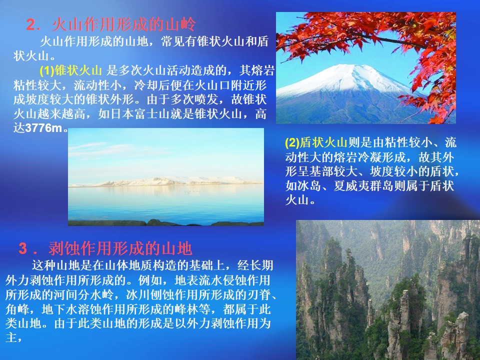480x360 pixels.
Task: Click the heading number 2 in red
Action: pos(31,25)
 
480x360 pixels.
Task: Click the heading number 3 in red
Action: pos(23,248)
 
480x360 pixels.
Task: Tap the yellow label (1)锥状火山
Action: pos(70,70)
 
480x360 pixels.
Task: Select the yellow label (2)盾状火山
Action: pos(316,142)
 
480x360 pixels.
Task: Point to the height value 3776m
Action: pos(44,128)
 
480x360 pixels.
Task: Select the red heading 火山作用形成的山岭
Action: pos(124,24)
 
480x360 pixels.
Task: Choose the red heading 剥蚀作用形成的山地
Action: pos(120,248)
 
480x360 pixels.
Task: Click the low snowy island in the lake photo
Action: pos(165,181)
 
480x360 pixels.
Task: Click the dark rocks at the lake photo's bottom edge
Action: pos(165,222)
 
